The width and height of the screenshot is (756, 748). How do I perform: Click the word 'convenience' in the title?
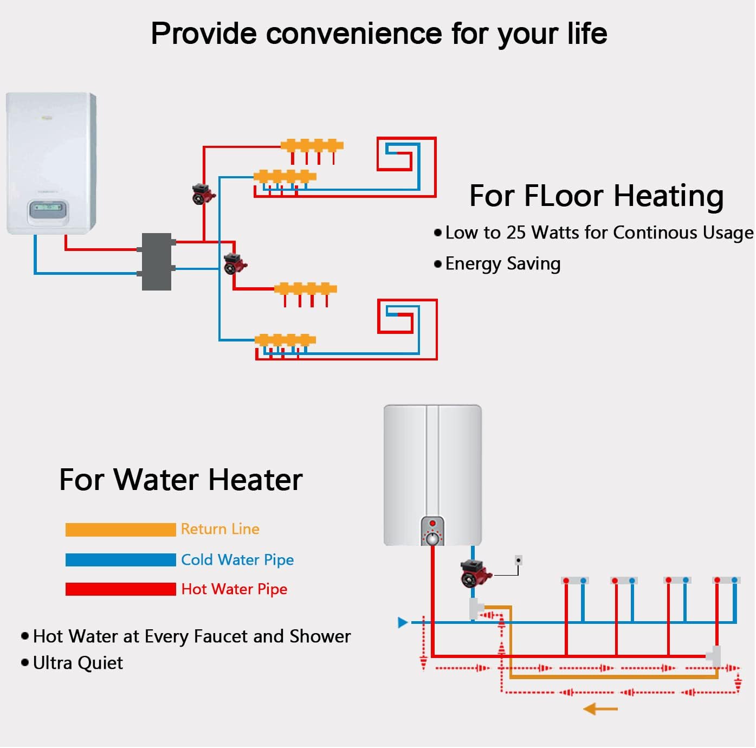pos(354,34)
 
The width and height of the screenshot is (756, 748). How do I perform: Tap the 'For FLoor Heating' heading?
pos(596,196)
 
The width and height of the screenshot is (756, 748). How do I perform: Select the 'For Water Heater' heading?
pos(180,480)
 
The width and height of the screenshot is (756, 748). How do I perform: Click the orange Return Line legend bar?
pos(120,530)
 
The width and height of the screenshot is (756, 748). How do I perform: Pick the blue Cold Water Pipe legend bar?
pos(120,560)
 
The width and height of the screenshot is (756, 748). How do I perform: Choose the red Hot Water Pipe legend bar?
pos(120,589)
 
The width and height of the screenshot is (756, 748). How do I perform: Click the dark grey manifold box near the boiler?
pos(157,262)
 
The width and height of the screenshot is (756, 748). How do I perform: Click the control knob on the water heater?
pos(432,538)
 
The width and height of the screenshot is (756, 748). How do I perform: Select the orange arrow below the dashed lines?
pos(600,708)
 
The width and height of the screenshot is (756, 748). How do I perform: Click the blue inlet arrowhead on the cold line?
pos(403,622)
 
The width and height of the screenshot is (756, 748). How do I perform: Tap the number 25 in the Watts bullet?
pos(516,233)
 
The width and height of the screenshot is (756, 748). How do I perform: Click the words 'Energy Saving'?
pos(503,264)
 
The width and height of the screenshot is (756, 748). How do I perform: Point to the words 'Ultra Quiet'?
pos(78,663)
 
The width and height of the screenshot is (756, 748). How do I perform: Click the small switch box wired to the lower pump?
pos(519,560)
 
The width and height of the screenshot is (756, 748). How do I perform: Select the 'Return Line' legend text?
pos(220,529)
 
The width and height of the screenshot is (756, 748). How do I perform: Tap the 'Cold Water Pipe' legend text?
pos(237,560)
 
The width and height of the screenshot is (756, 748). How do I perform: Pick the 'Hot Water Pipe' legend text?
pos(234,589)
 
